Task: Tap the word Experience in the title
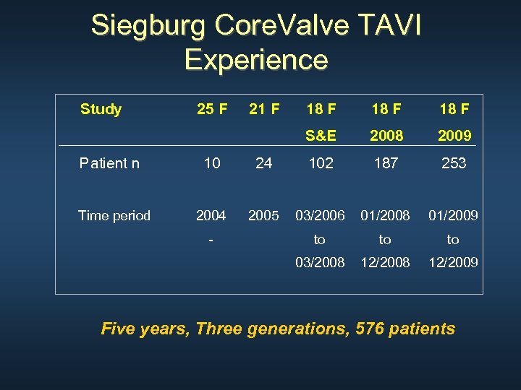point(256,59)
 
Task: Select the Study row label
point(101,110)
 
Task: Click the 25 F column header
point(212,110)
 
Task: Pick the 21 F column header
point(264,110)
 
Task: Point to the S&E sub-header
point(321,136)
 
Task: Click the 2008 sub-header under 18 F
point(386,136)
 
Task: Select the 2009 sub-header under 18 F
point(454,136)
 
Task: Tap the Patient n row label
point(109,163)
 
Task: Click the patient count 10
point(212,163)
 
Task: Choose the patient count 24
point(264,163)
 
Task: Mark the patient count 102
point(321,163)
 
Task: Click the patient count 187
point(386,163)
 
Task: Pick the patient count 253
point(454,163)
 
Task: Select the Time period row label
point(114,215)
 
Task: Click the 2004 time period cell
point(211,215)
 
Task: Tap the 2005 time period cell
point(263,215)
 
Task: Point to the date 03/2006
point(320,215)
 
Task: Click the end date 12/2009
point(453,262)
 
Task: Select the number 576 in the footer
point(370,329)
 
